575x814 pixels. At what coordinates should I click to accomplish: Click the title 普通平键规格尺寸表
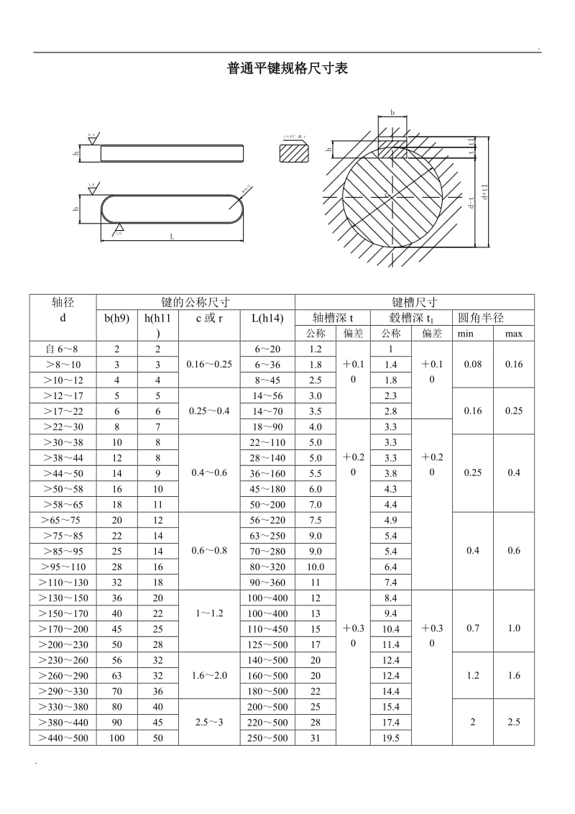tap(287, 69)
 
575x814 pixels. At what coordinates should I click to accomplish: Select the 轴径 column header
tap(63, 303)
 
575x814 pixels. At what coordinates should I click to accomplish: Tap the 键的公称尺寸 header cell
tap(195, 303)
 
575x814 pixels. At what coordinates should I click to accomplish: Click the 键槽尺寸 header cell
tap(414, 303)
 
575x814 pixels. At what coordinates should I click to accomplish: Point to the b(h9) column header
tap(117, 318)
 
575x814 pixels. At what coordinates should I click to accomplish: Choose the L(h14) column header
tap(267, 318)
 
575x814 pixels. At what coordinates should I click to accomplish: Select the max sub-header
tap(513, 334)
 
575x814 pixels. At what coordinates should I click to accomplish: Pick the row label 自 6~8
tap(63, 349)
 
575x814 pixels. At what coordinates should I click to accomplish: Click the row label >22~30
tap(63, 427)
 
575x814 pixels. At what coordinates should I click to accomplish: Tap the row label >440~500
tap(63, 738)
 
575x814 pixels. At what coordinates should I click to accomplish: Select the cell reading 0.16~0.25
tap(209, 365)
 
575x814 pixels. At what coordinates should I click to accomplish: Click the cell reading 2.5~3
tap(209, 722)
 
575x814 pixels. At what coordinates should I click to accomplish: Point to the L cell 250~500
tap(267, 738)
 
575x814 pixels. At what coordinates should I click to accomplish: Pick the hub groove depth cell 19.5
tap(391, 738)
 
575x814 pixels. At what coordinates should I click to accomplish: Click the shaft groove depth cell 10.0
tap(316, 567)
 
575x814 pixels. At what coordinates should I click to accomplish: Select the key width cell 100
tap(117, 738)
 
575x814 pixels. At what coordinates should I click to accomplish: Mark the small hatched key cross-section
tap(293, 152)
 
